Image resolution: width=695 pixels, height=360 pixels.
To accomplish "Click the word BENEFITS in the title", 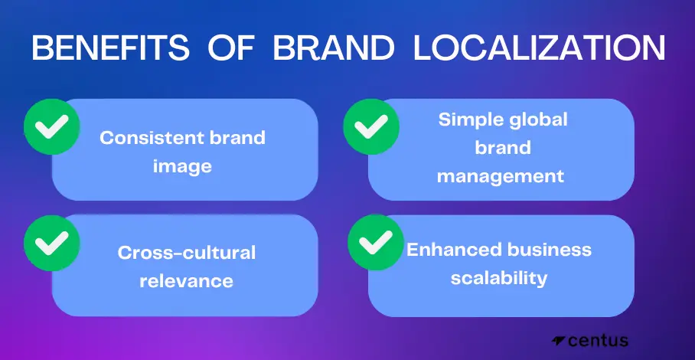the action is tap(110, 47).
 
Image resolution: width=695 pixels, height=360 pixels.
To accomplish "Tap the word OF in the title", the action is tap(231, 47).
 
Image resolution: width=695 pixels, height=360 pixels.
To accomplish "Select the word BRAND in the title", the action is tap(333, 47).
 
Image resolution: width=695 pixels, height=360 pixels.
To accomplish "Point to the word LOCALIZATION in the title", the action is tap(539, 47).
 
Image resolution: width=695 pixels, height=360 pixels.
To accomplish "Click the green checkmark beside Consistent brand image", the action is tap(51, 127).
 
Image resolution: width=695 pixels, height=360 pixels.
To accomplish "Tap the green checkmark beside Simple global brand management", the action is tap(371, 127).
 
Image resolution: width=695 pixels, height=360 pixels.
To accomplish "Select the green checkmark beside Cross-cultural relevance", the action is tap(51, 243).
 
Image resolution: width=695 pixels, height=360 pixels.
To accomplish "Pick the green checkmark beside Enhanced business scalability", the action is tap(375, 242).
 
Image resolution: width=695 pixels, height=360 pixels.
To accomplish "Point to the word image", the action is tap(182, 167).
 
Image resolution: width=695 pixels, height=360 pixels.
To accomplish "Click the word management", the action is tap(501, 176).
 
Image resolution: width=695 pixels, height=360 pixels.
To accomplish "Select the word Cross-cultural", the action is tap(187, 253).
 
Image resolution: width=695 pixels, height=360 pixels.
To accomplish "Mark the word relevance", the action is tap(186, 281).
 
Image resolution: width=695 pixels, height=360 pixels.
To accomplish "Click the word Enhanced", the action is tap(455, 250).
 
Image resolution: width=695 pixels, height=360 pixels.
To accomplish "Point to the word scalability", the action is tap(499, 278).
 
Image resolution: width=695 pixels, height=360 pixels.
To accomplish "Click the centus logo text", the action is tap(598, 341).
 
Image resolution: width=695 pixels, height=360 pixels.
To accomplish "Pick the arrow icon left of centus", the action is tap(558, 341).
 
